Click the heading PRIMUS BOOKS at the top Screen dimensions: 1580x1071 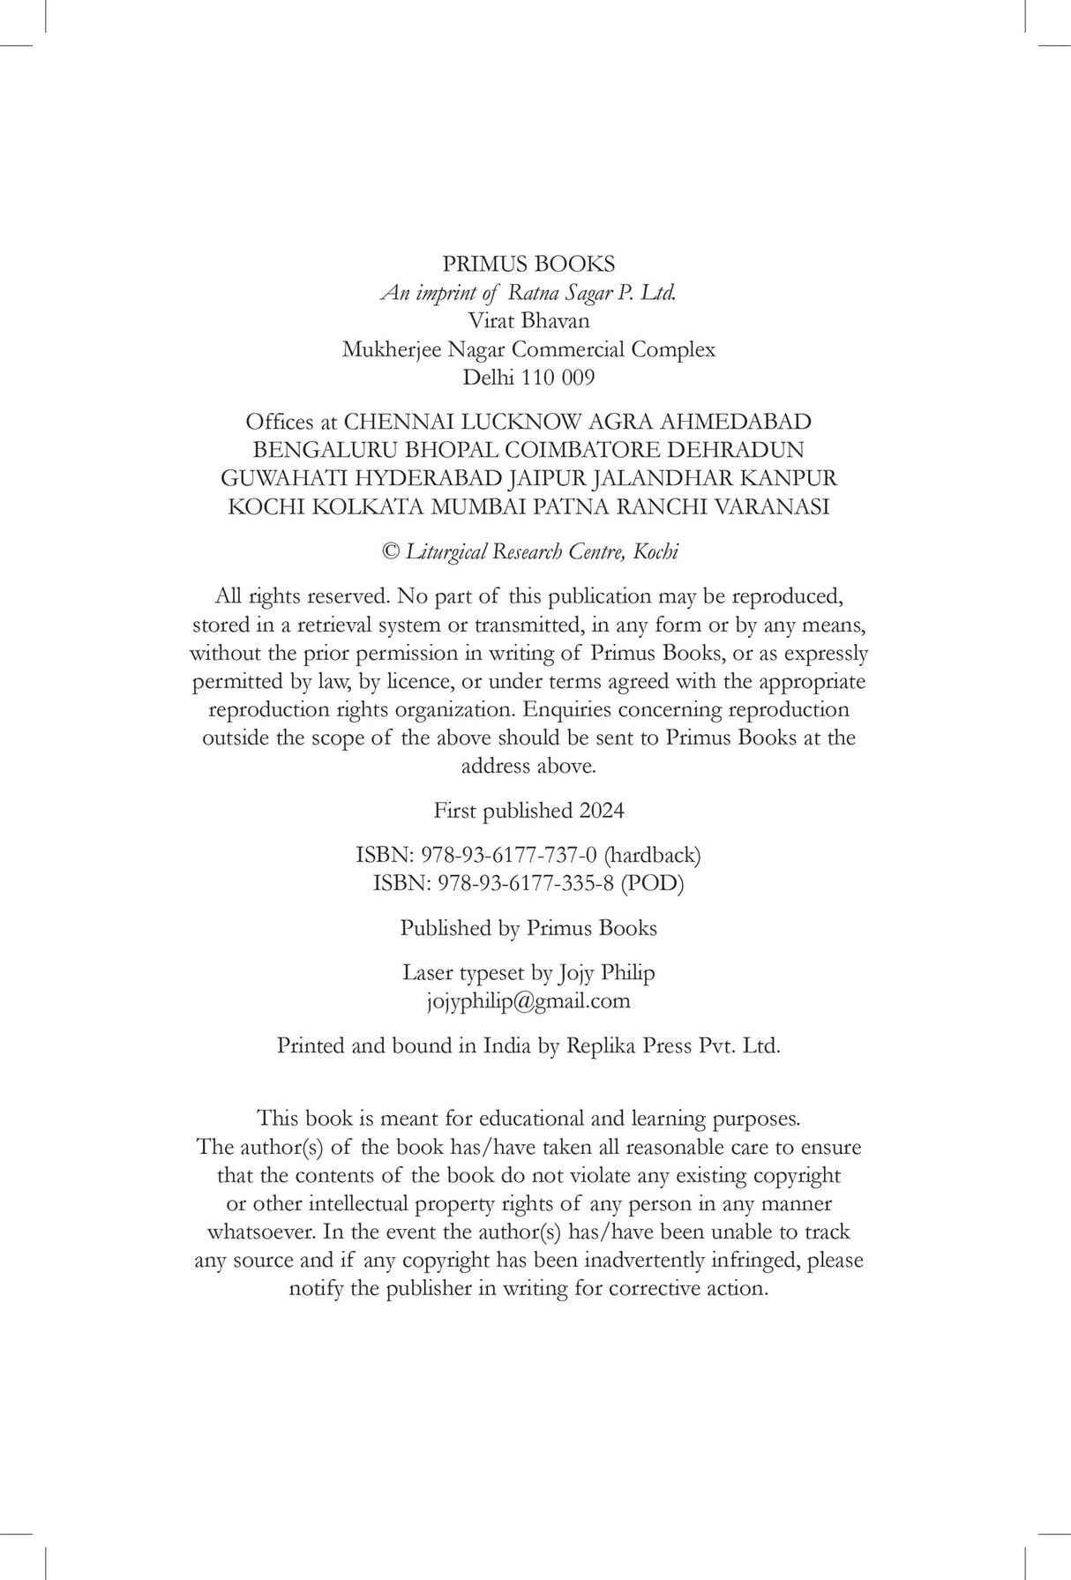click(528, 264)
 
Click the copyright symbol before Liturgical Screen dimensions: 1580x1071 click(389, 552)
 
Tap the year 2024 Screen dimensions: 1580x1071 click(602, 810)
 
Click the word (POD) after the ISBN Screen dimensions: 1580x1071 click(652, 883)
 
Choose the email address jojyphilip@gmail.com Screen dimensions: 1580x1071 click(528, 1001)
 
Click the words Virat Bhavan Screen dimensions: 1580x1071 click(528, 321)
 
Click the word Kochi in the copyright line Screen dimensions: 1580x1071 click(655, 552)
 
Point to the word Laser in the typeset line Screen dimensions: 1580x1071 click(428, 973)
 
